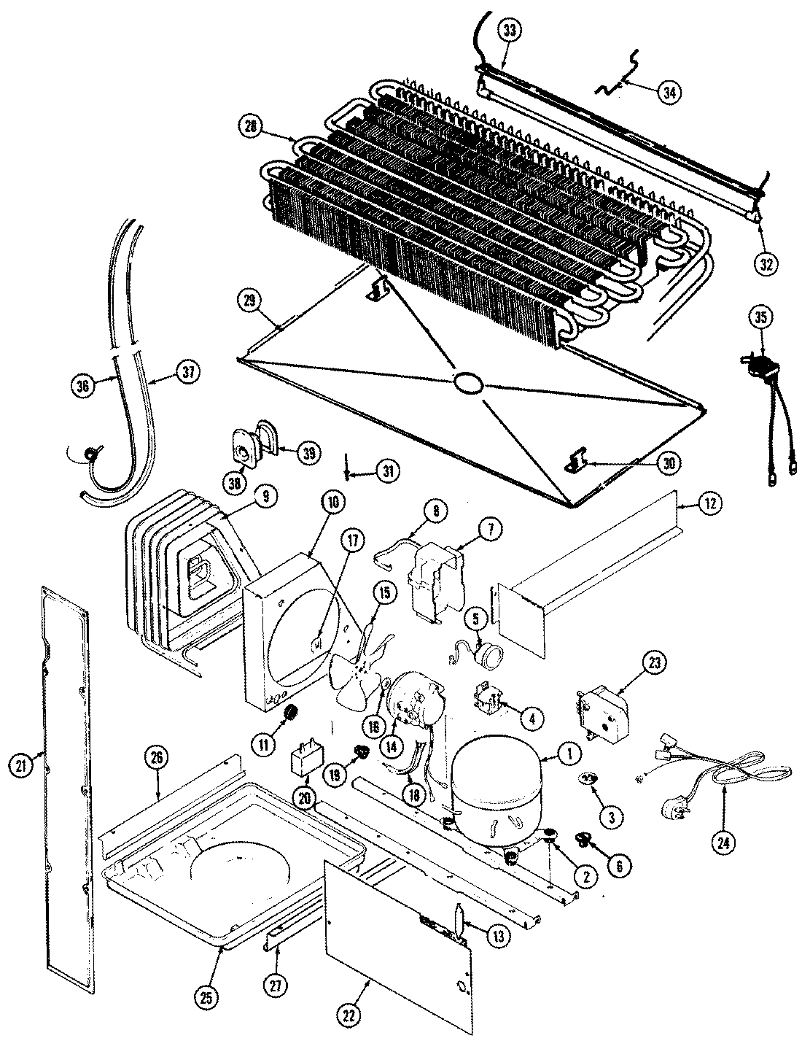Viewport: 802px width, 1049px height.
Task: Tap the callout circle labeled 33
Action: pyautogui.click(x=511, y=31)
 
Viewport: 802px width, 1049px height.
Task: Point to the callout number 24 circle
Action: pyautogui.click(x=722, y=843)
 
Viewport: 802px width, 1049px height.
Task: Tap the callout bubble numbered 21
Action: pyautogui.click(x=21, y=765)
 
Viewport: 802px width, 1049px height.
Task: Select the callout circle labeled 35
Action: pyautogui.click(x=761, y=317)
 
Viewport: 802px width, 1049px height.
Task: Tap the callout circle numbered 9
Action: pyautogui.click(x=265, y=496)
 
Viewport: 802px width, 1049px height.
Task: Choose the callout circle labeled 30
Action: pyautogui.click(x=669, y=462)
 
